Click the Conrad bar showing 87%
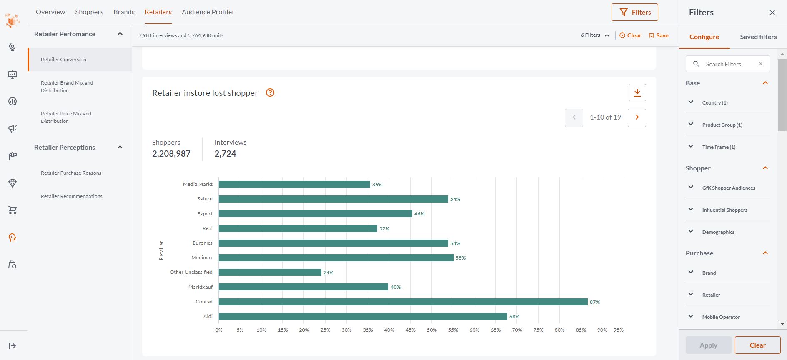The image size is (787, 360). (x=403, y=302)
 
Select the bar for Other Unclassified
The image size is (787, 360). (x=270, y=272)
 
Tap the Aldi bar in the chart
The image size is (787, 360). (x=363, y=317)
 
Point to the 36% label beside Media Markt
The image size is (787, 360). (x=377, y=185)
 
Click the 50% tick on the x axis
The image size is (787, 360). (x=432, y=330)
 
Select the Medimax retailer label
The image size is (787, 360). (x=202, y=257)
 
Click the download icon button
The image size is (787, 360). (x=637, y=92)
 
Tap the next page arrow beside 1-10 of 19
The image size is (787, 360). (x=637, y=117)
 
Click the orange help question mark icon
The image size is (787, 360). (x=270, y=92)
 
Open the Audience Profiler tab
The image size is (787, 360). (x=208, y=12)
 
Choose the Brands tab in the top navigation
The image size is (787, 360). (x=124, y=12)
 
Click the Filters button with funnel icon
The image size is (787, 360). (x=634, y=12)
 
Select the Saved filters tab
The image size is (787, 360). (x=758, y=37)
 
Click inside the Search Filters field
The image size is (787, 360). (x=727, y=64)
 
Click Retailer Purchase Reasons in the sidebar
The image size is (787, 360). (x=71, y=173)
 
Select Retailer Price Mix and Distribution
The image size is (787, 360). (x=66, y=117)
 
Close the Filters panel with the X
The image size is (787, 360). (x=772, y=12)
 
